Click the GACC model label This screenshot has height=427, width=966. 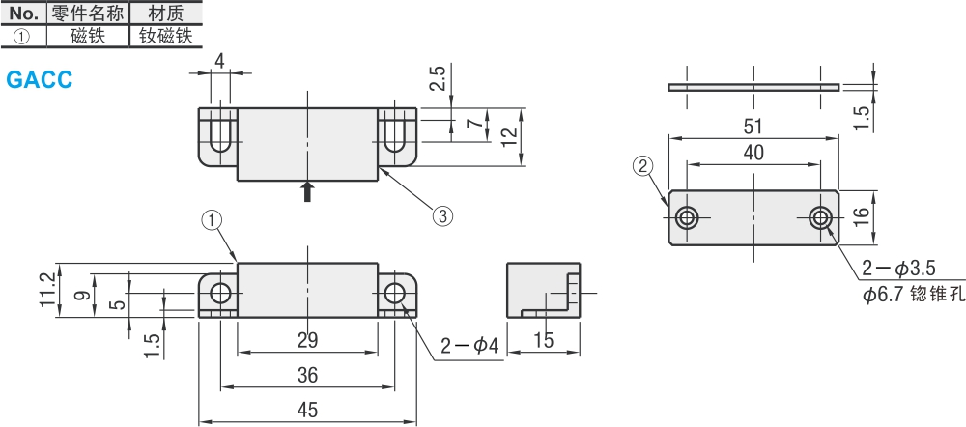[39, 80]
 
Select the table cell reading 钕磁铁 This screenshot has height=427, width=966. [165, 37]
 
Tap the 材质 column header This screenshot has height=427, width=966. [165, 14]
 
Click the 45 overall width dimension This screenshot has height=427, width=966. [307, 411]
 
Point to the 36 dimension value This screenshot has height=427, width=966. [307, 375]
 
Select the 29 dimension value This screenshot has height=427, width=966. [307, 341]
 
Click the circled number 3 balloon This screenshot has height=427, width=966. [441, 215]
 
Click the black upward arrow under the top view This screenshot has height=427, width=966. [307, 191]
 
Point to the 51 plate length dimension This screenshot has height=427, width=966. [753, 127]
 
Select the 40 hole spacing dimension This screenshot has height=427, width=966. [753, 152]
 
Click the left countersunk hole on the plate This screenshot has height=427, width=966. [687, 216]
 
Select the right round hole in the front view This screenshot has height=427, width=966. [394, 293]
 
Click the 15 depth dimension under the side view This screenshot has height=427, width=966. [543, 339]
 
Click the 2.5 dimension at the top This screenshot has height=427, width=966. [438, 79]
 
